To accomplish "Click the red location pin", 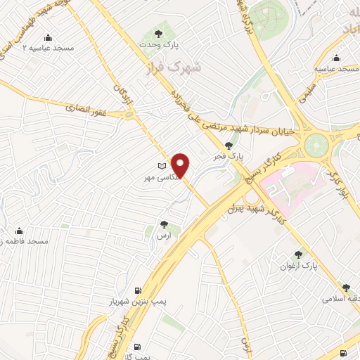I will tap(181, 165).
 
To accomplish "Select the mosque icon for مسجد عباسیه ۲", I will tap(48, 38).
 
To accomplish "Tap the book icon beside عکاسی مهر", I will tap(163, 166).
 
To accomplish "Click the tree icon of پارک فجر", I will tap(229, 146).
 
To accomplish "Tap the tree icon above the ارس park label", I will tap(165, 225).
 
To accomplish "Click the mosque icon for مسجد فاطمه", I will tap(19, 231).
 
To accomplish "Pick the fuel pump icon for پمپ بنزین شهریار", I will tap(136, 290).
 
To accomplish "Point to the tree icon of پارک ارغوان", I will tap(300, 255).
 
